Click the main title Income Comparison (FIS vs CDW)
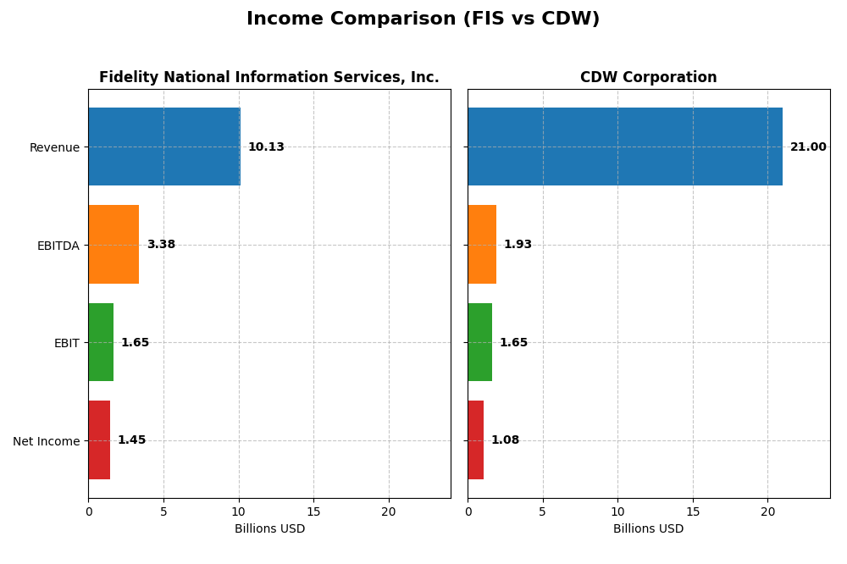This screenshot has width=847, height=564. pyautogui.click(x=423, y=19)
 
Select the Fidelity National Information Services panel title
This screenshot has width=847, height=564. pyautogui.click(x=268, y=78)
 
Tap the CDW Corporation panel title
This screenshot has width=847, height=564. pyautogui.click(x=648, y=78)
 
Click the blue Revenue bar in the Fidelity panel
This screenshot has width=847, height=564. pyautogui.click(x=164, y=147)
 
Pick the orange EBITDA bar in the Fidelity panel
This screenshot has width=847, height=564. pyautogui.click(x=113, y=245)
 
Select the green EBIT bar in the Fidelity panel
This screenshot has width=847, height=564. pyautogui.click(x=101, y=342)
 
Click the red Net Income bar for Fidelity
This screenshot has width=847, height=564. pyautogui.click(x=99, y=440)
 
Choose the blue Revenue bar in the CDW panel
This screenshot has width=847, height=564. pyautogui.click(x=625, y=147)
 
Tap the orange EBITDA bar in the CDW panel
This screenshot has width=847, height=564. pyautogui.click(x=482, y=245)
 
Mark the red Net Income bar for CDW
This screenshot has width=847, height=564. pyautogui.click(x=476, y=440)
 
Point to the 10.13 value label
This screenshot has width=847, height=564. pyautogui.click(x=266, y=147)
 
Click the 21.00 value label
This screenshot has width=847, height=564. pyautogui.click(x=808, y=147)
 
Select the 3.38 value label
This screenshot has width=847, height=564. pyautogui.click(x=161, y=245)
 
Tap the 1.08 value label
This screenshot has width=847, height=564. pyautogui.click(x=505, y=440)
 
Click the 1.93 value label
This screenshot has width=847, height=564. pyautogui.click(x=518, y=245)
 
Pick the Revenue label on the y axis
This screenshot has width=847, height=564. pyautogui.click(x=54, y=147)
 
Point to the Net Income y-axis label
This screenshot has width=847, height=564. pyautogui.click(x=46, y=441)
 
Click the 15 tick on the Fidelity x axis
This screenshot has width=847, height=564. pyautogui.click(x=313, y=511)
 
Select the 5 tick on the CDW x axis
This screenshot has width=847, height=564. pyautogui.click(x=543, y=511)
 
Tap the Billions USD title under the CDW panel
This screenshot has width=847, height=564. pyautogui.click(x=648, y=529)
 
